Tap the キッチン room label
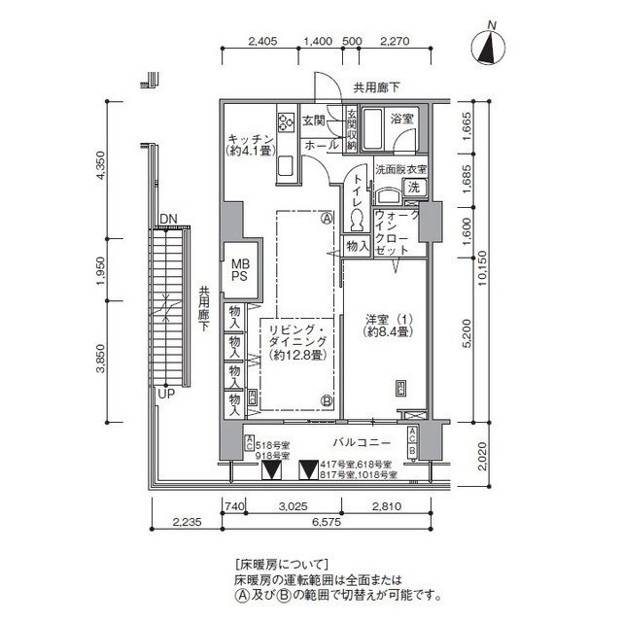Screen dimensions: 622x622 249,144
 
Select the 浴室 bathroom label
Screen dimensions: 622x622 402,120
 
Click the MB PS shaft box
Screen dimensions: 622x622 239,268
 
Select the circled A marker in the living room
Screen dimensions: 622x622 328,218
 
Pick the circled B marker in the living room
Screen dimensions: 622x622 328,399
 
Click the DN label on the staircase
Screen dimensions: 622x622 167,218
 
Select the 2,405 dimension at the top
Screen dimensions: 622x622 263,41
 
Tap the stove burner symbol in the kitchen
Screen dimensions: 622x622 286,122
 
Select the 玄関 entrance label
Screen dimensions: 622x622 313,121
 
